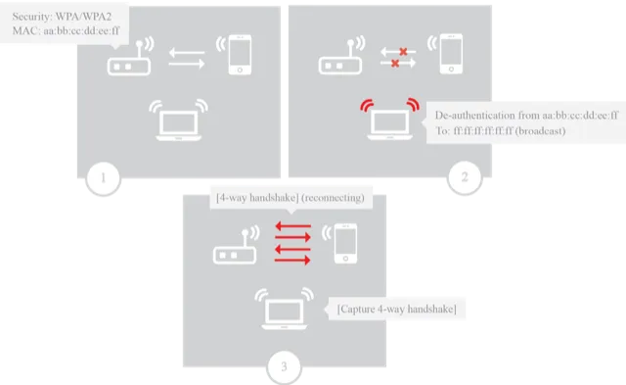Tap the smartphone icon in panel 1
tap(240, 57)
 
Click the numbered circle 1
tap(104, 178)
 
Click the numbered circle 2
tap(464, 177)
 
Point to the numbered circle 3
tap(284, 368)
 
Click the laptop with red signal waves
tap(386, 120)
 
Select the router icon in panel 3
tap(234, 253)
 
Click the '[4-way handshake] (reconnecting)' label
tap(291, 198)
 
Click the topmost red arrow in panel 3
tap(291, 227)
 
